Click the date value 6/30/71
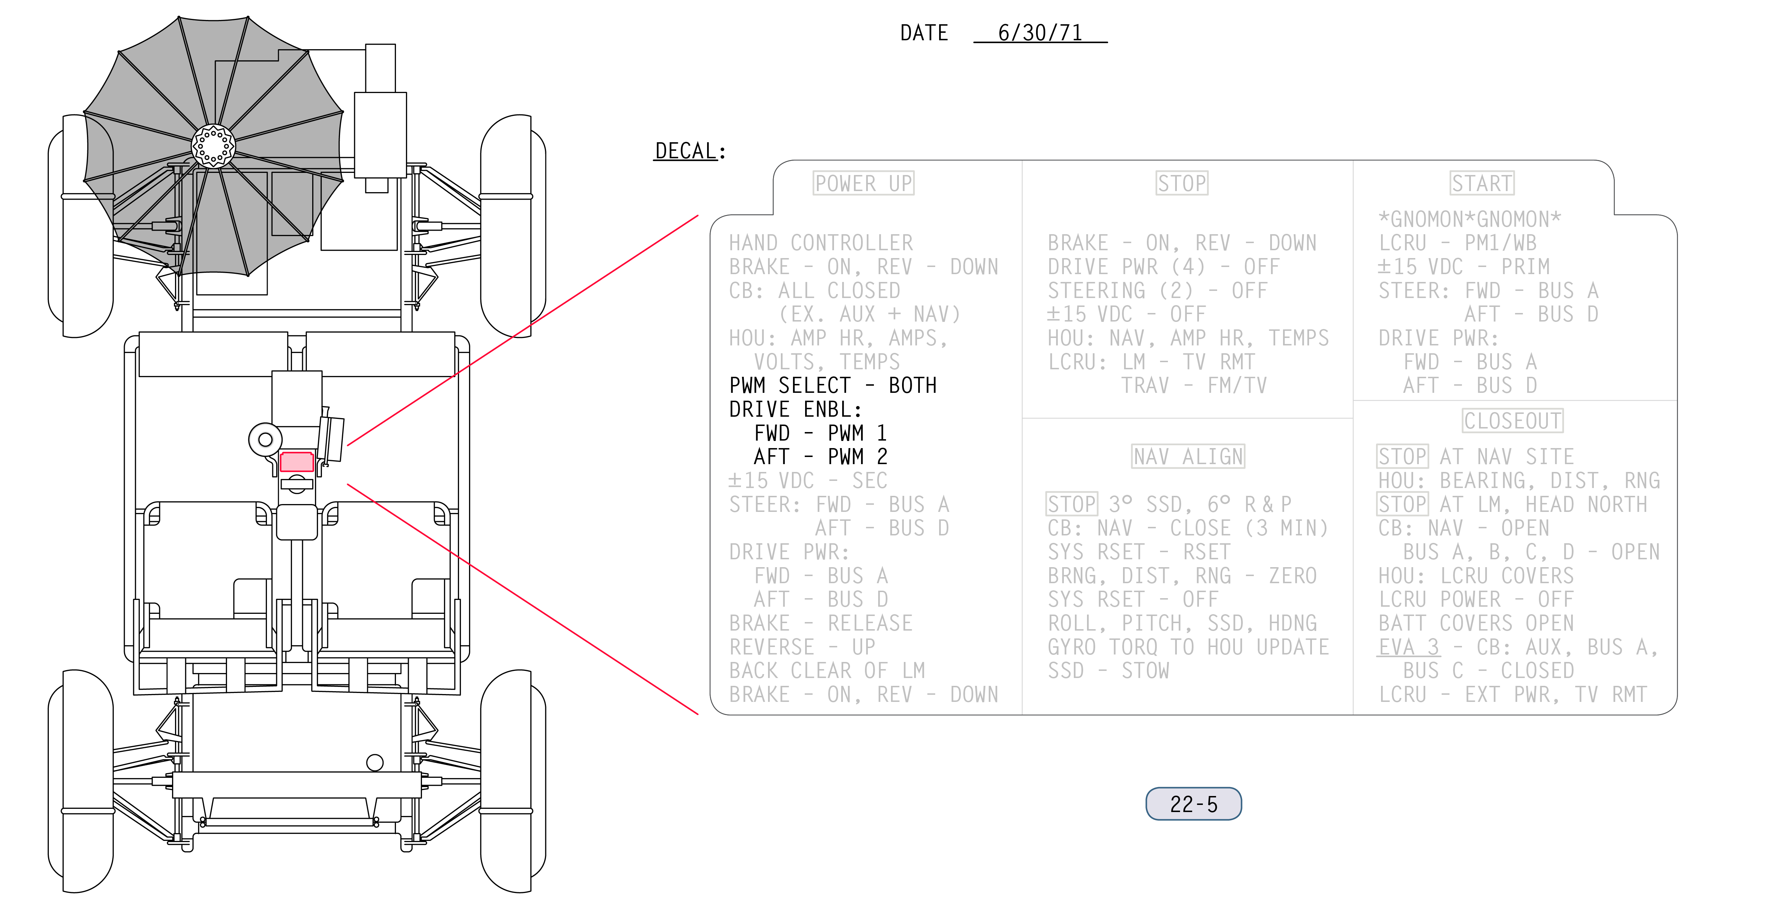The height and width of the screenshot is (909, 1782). tap(1040, 32)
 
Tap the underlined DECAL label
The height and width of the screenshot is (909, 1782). tap(686, 151)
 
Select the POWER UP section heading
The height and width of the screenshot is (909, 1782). tap(863, 183)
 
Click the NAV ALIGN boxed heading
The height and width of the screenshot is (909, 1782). tap(1188, 457)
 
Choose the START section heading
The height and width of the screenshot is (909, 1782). tap(1482, 183)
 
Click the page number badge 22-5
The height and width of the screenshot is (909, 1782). tap(1193, 804)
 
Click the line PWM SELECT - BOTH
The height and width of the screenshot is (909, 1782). tap(833, 385)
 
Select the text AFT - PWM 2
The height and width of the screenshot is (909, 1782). tap(820, 457)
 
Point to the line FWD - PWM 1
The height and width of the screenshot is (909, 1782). tap(820, 433)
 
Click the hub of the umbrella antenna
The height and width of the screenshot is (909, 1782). tap(213, 146)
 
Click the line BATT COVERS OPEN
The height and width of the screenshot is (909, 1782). tap(1475, 623)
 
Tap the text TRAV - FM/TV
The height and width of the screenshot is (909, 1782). tap(1194, 385)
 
